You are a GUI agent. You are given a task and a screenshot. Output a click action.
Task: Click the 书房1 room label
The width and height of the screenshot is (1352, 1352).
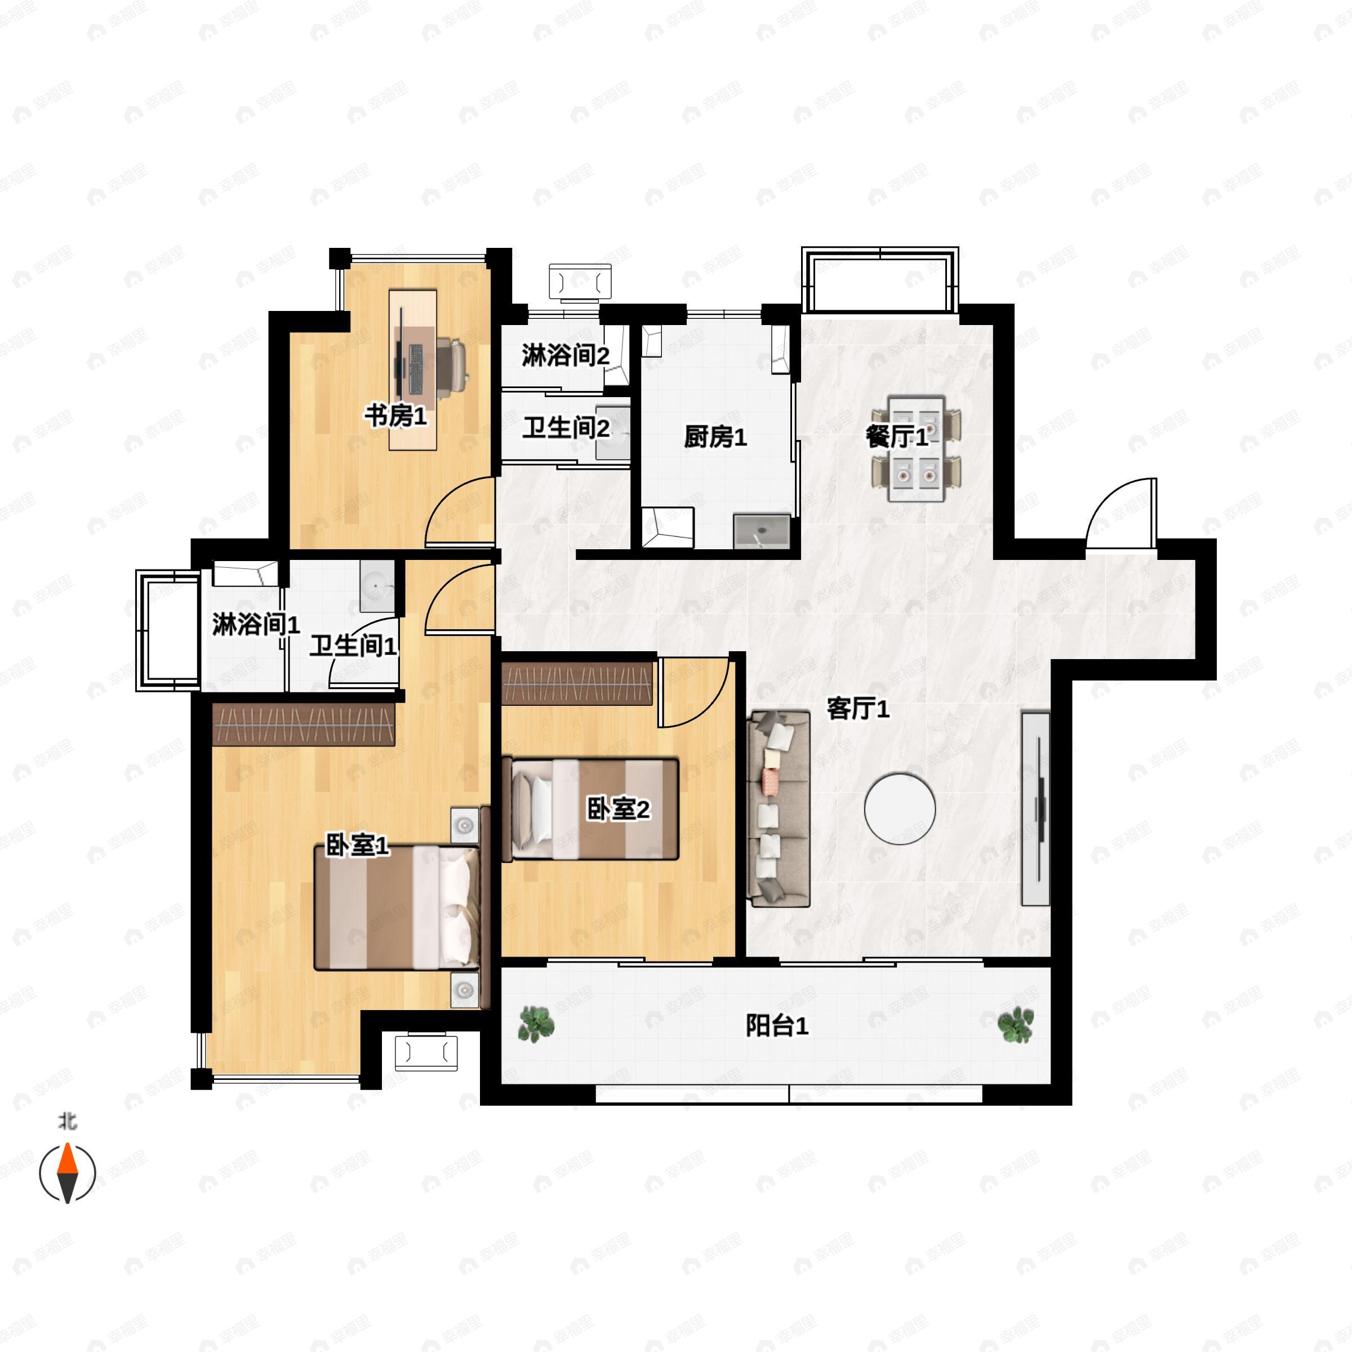pyautogui.click(x=395, y=416)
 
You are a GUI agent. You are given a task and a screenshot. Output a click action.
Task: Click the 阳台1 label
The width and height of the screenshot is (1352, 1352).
pyautogui.click(x=777, y=1026)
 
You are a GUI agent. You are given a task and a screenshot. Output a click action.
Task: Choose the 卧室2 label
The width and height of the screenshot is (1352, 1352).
pyautogui.click(x=618, y=809)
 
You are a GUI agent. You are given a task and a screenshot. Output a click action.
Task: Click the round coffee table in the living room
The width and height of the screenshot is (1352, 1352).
pyautogui.click(x=900, y=809)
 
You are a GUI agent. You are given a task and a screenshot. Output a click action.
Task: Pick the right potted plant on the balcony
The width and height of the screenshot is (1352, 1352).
pyautogui.click(x=1015, y=1025)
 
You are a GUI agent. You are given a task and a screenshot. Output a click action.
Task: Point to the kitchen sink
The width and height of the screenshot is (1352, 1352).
pyautogui.click(x=762, y=532)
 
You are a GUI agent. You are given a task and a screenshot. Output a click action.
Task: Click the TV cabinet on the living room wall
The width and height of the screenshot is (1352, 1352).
pyautogui.click(x=1036, y=809)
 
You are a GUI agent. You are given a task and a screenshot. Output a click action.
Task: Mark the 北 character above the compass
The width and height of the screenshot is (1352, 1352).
pyautogui.click(x=67, y=1122)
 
